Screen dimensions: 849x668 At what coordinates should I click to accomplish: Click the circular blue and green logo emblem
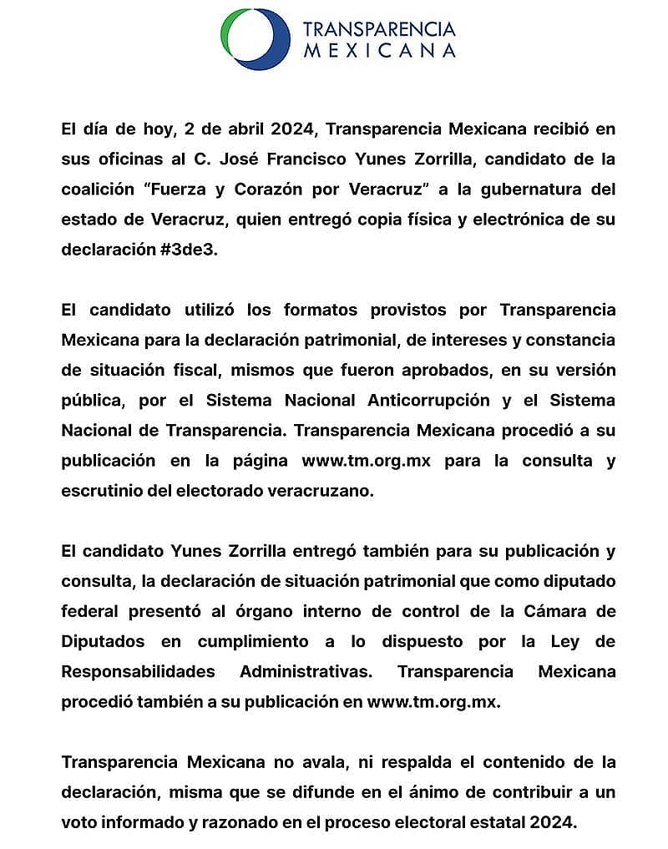(256, 39)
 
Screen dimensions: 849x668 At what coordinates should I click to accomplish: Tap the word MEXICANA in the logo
(379, 51)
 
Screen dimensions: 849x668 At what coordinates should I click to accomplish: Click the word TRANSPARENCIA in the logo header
(379, 30)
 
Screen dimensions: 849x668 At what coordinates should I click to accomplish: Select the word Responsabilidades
(138, 671)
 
